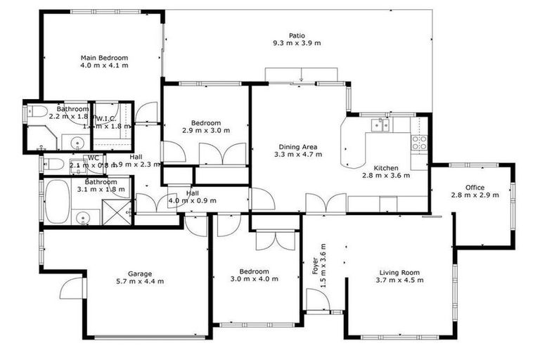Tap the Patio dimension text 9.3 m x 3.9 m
pos(297,43)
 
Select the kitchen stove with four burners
pos(419,139)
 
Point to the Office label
pos(475,187)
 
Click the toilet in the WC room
pos(53,165)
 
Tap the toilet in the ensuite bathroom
pos(38,111)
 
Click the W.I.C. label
pos(106,119)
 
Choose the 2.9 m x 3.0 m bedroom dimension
pos(205,130)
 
